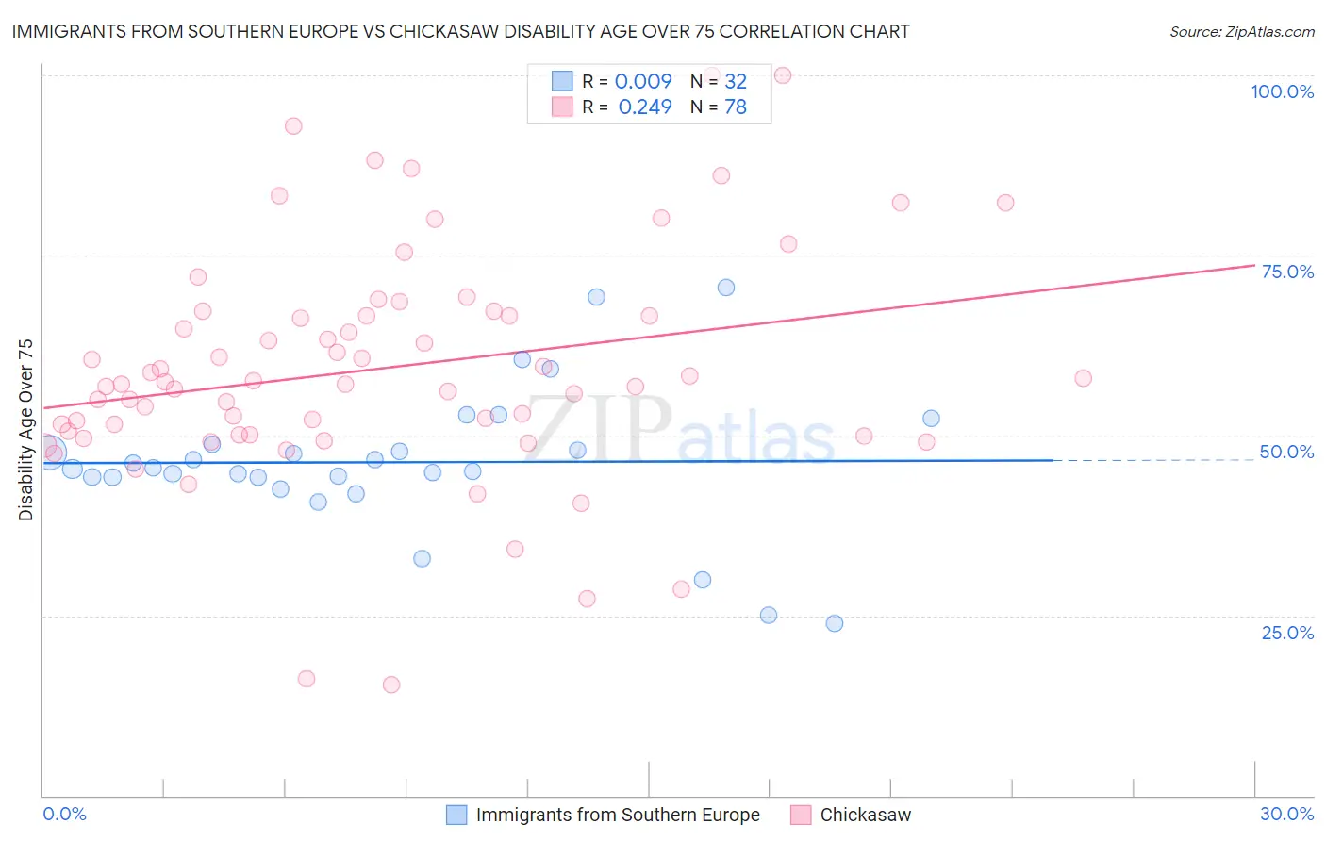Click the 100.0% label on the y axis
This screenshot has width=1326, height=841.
1282,91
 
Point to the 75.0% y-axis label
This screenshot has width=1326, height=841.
1287,272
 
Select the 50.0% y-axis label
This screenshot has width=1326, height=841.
1286,452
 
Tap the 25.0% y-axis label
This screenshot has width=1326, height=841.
1287,633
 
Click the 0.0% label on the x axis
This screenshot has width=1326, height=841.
64,814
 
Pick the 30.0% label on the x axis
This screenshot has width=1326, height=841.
1286,814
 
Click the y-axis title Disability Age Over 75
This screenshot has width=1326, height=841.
25,429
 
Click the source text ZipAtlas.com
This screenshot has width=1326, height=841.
1242,31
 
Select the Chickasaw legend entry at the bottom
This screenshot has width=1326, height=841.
865,815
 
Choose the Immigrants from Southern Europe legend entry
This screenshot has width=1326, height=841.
617,815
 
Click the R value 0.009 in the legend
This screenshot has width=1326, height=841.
643,81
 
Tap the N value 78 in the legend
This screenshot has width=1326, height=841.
736,107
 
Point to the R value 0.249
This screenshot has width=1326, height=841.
645,107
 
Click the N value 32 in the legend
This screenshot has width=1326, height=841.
736,81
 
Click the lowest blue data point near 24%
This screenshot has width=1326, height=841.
835,623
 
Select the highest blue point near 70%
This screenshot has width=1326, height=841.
726,288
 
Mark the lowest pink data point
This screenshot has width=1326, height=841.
391,684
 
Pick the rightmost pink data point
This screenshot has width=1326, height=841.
1083,378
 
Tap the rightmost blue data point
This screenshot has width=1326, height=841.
931,419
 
